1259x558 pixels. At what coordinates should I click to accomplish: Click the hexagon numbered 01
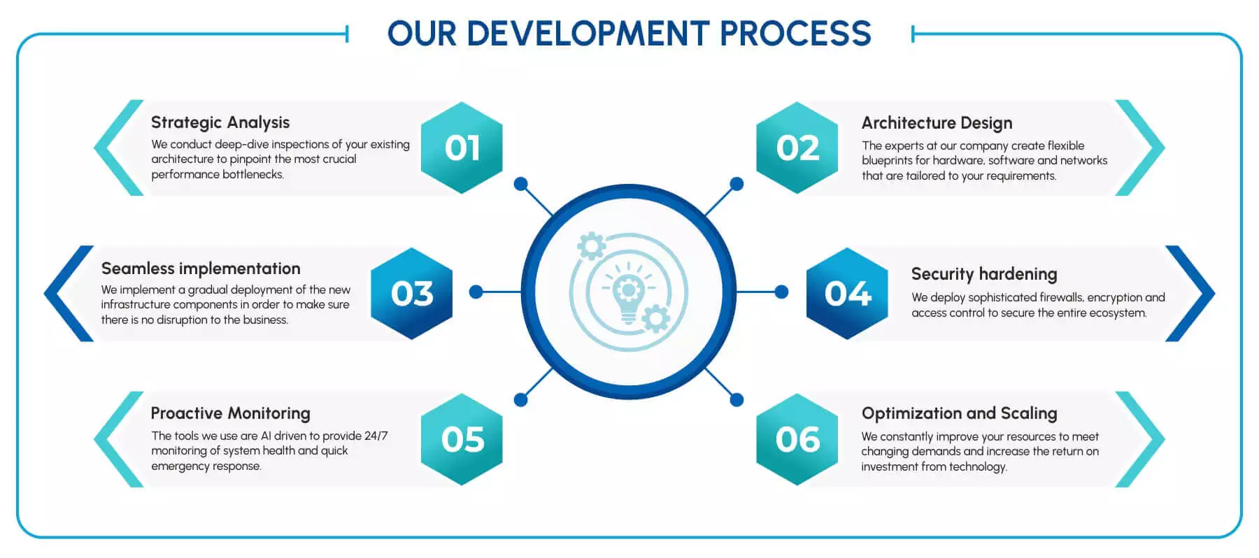coord(462,148)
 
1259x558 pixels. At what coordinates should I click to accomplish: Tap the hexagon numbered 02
coord(797,148)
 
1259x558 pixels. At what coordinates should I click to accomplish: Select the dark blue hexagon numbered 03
coord(412,293)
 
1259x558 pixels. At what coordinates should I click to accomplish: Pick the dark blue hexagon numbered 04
coord(848,293)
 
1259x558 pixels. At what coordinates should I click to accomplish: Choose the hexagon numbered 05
coord(462,439)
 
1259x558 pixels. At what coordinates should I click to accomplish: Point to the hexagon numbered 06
coord(797,439)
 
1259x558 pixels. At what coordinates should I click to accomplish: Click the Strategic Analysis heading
coord(220,122)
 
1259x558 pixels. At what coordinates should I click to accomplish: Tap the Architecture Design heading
coord(937,123)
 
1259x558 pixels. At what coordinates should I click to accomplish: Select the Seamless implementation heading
coord(201,269)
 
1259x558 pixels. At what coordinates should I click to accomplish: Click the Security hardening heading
coord(983,274)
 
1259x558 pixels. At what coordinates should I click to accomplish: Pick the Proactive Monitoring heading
coord(230,413)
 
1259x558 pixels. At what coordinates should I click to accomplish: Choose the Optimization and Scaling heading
coord(959,413)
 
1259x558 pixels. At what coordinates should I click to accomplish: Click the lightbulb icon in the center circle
coord(628,294)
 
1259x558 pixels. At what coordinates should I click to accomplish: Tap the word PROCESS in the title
coord(795,34)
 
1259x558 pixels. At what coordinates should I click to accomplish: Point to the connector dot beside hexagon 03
coord(476,292)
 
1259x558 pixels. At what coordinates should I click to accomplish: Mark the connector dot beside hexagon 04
coord(782,292)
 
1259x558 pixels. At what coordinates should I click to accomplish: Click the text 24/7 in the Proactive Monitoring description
coord(376,436)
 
